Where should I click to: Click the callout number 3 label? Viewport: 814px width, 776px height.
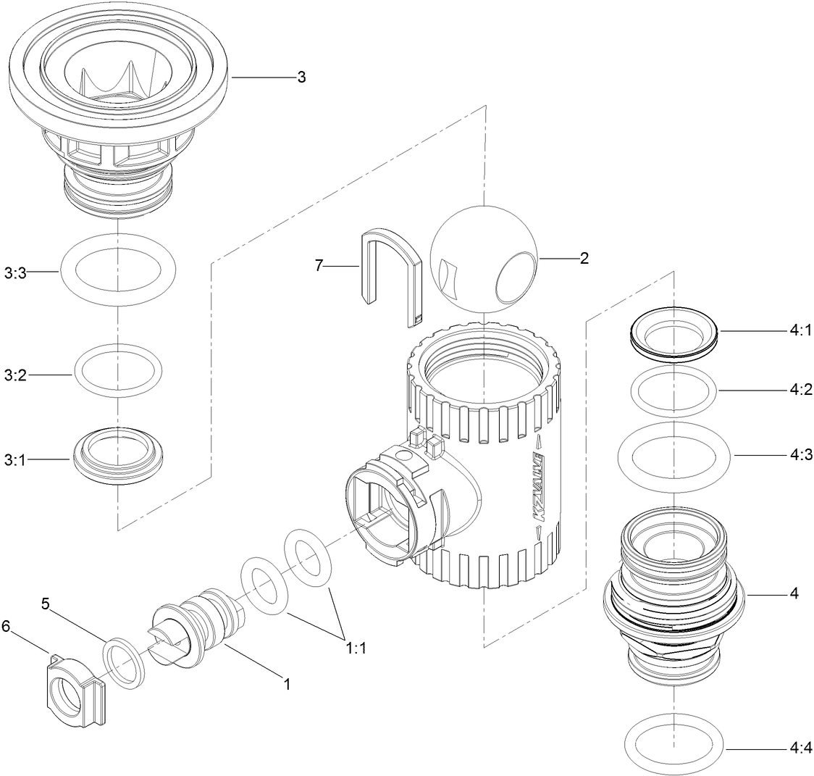click(301, 78)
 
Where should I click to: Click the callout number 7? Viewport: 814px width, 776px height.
click(318, 266)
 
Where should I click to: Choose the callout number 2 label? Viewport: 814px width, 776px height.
click(584, 258)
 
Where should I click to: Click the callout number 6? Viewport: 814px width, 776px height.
click(7, 626)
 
